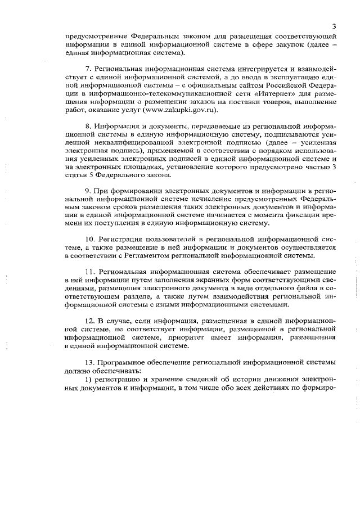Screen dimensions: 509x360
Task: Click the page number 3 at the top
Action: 334,26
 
